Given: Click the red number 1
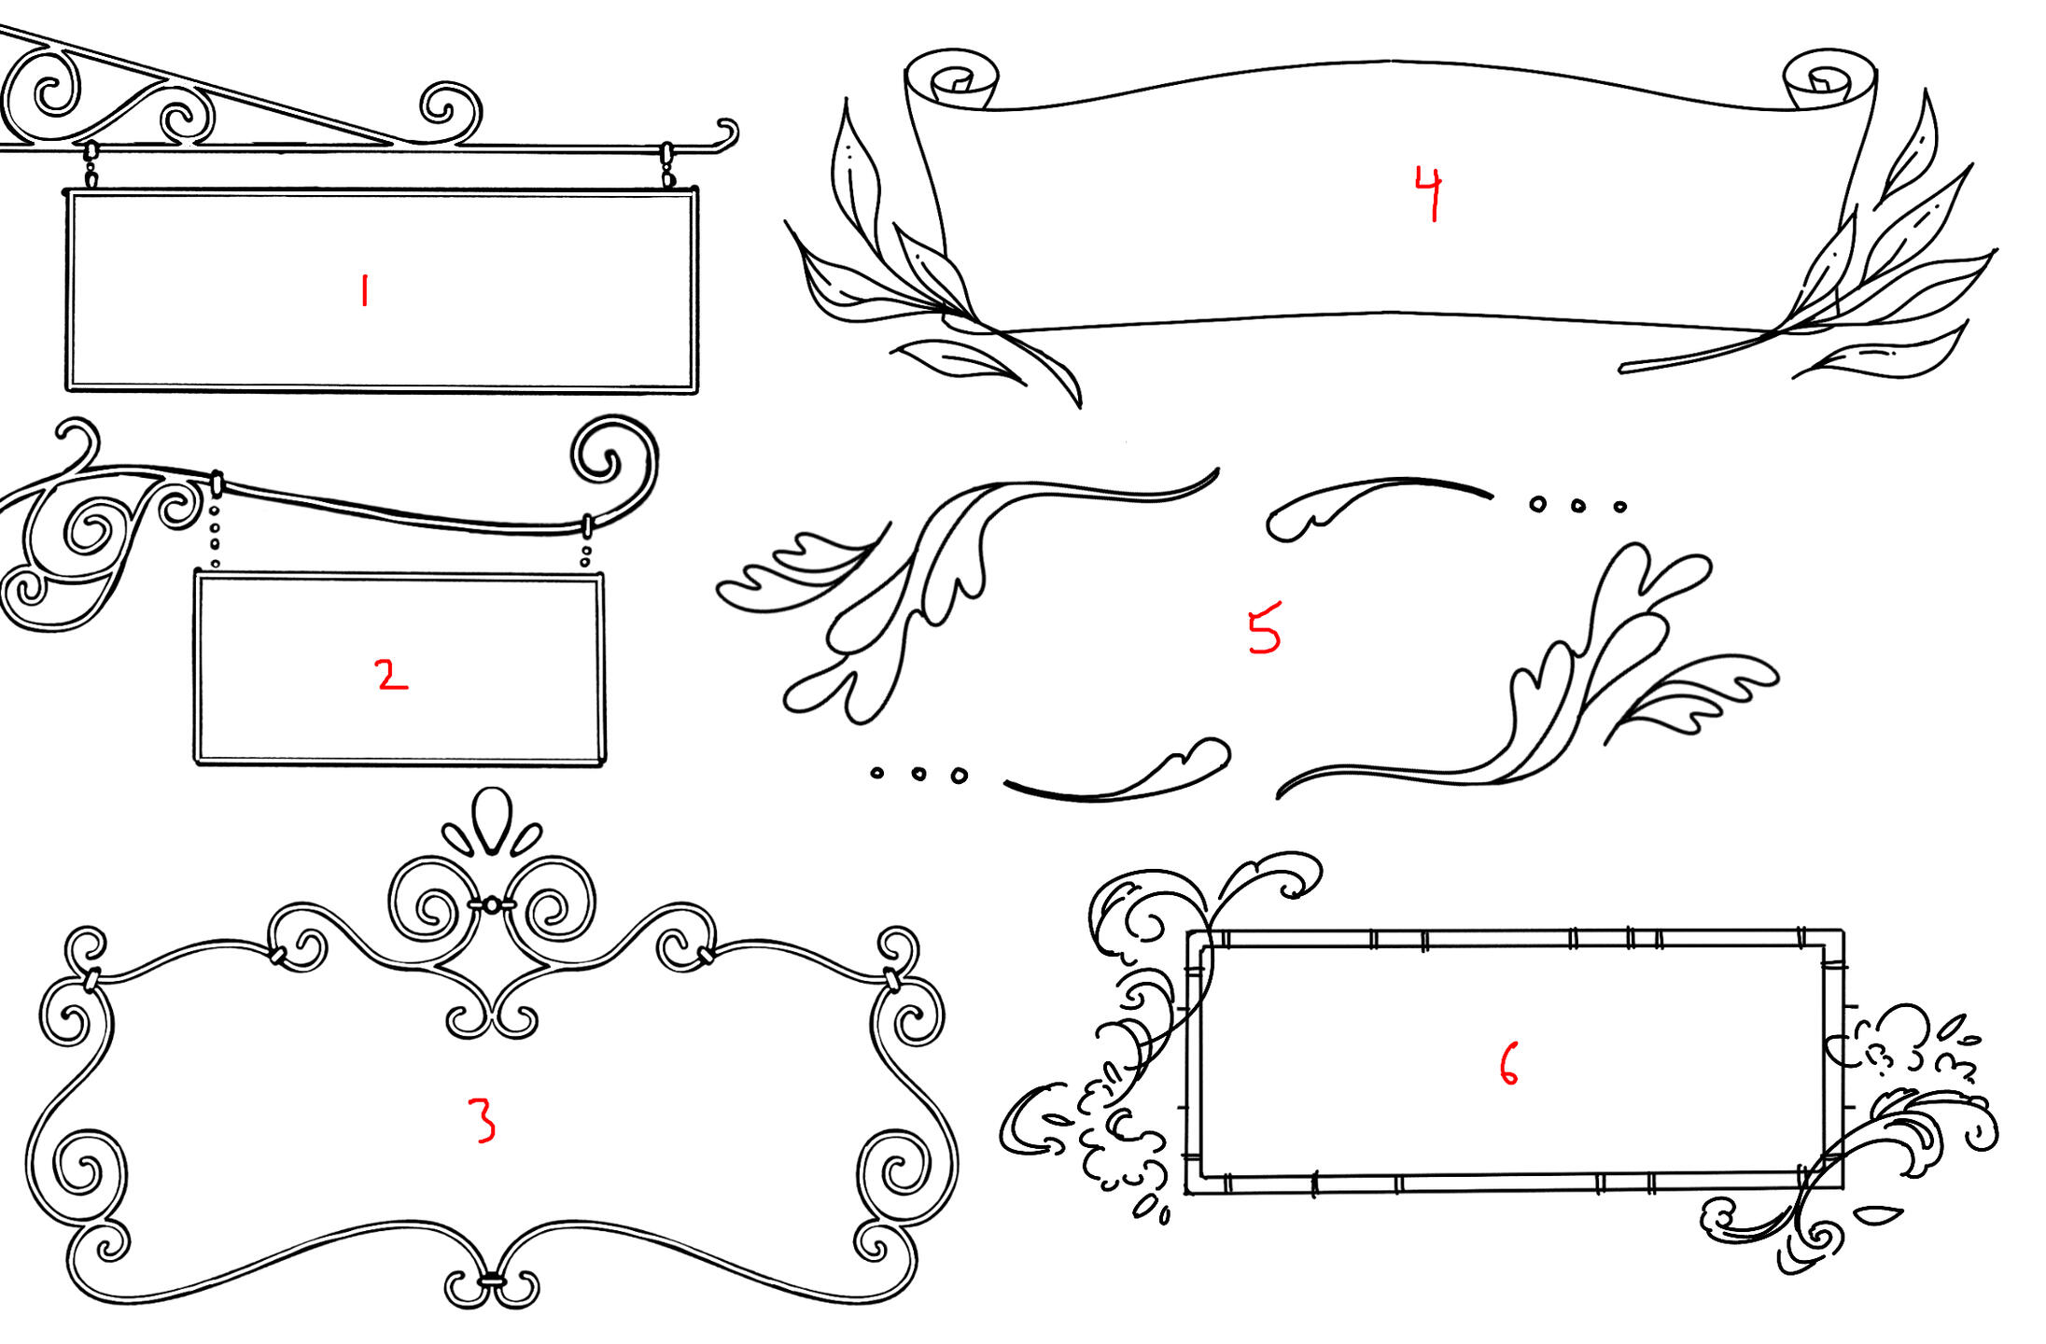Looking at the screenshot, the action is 365,290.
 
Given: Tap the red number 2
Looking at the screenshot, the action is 392,674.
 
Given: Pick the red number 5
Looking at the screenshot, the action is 1265,627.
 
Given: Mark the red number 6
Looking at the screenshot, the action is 1508,1064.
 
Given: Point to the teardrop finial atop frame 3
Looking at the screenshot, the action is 493,820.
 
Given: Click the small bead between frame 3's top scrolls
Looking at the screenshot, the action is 491,903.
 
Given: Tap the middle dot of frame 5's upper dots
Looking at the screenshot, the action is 1577,505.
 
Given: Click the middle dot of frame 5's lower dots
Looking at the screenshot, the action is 918,774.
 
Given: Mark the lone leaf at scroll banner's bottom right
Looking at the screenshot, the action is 1882,350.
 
